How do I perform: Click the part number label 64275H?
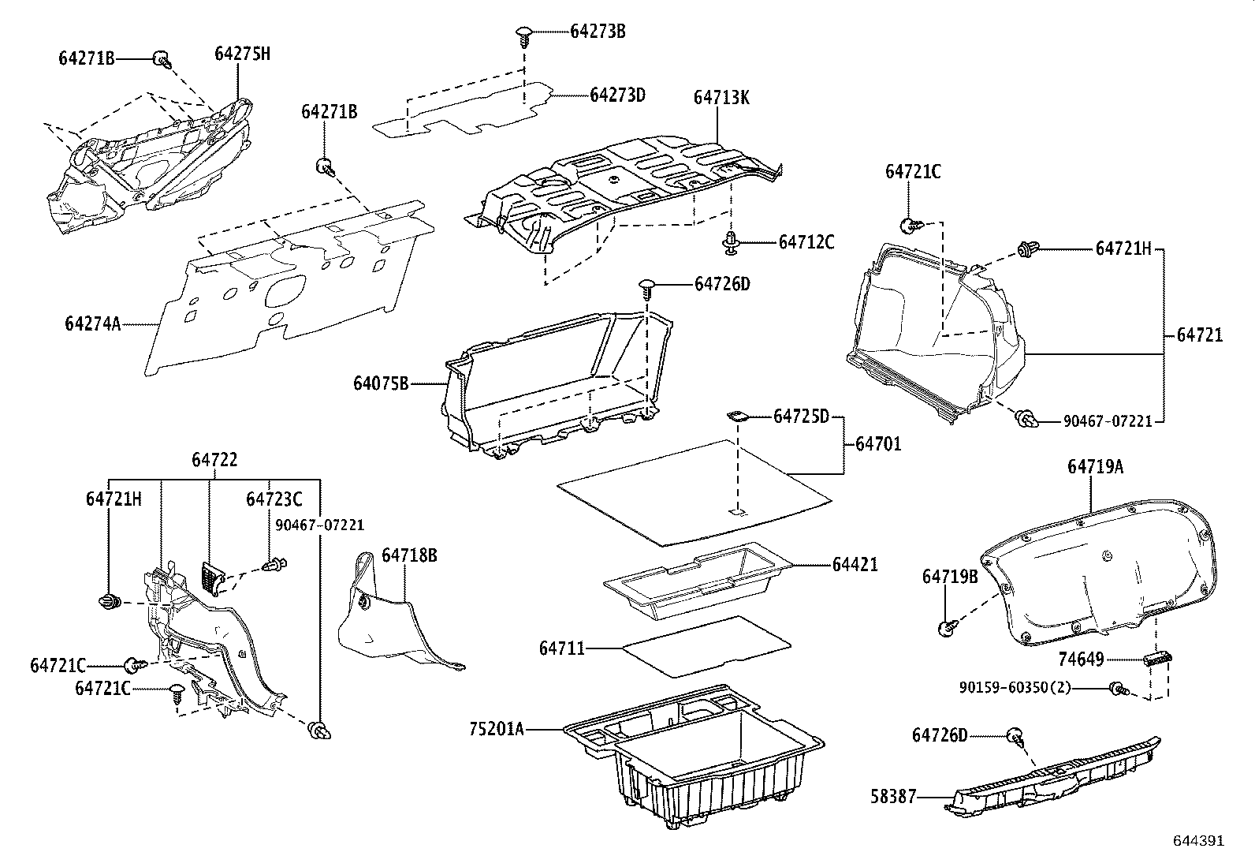tap(242, 54)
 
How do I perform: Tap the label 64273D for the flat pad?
tap(617, 95)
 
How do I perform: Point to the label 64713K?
tap(721, 97)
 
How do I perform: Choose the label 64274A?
tap(92, 323)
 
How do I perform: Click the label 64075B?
tap(381, 383)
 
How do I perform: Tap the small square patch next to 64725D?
tap(738, 415)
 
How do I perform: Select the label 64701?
tap(878, 444)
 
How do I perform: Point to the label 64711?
tap(562, 648)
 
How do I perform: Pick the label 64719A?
tap(1095, 466)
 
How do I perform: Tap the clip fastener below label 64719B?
tap(946, 627)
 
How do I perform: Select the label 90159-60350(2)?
tap(1015, 687)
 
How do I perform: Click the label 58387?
tap(895, 797)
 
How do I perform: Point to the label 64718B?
tap(409, 555)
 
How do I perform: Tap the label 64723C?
tap(274, 499)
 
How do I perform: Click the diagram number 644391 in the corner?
tap(1198, 841)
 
